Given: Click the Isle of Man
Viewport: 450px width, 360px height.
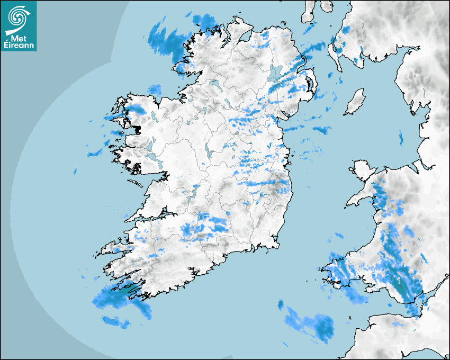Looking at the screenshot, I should [x=355, y=102].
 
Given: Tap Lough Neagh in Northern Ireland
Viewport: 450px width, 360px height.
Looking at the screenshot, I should [x=276, y=73].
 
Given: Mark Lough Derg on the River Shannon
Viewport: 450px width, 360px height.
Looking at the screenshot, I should [x=192, y=192].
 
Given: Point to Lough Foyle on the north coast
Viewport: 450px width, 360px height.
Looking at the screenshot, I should [x=244, y=36].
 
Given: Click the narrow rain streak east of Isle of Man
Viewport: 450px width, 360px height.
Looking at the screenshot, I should [x=400, y=138].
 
